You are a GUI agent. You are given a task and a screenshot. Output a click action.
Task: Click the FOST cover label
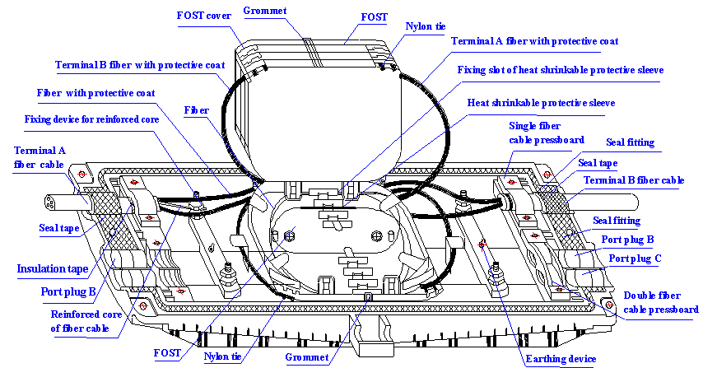[204, 16]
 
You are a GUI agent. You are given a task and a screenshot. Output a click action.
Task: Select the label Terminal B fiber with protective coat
[140, 65]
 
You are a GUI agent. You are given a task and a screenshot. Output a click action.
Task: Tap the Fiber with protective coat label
[96, 93]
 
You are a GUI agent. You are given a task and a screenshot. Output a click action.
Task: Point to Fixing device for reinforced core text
[91, 119]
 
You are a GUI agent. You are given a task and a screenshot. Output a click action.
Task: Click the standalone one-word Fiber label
[197, 109]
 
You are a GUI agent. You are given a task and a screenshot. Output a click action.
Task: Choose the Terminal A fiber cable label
[40, 158]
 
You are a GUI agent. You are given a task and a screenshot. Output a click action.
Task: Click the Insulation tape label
[53, 269]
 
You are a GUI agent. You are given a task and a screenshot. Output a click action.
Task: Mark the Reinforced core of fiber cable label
[86, 321]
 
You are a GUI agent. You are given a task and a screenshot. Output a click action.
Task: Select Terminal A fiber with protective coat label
[534, 40]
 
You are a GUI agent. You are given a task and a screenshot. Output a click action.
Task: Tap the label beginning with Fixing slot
[560, 71]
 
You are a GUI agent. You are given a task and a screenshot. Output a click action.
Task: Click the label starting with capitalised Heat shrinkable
[541, 104]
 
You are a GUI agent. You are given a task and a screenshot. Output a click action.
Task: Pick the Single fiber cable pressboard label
[547, 133]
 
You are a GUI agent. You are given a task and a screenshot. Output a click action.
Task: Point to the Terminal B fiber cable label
[634, 180]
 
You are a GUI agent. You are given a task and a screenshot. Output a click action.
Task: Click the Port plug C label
[635, 259]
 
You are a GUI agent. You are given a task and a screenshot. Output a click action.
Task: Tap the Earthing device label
[561, 359]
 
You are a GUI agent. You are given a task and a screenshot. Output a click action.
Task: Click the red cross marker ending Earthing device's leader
[483, 245]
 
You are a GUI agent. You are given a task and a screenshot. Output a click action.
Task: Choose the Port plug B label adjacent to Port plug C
[627, 240]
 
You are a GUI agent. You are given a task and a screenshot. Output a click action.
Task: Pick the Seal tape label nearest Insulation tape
[59, 229]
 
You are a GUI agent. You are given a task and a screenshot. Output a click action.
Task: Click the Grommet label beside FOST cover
[265, 11]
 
